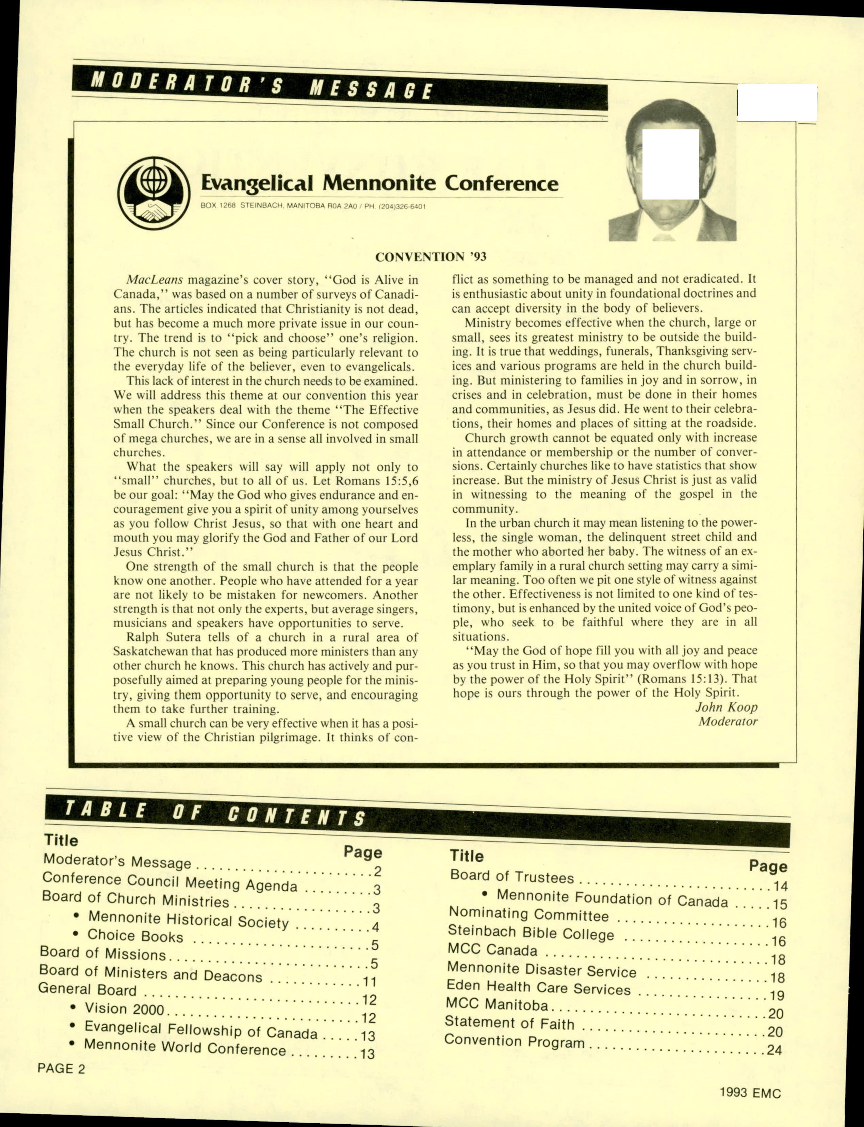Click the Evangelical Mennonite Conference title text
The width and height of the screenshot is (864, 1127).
coord(379,183)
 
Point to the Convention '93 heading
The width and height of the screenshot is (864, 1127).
coord(430,257)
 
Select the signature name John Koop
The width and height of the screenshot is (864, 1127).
coord(726,707)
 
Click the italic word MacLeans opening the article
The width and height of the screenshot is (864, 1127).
coord(155,281)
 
